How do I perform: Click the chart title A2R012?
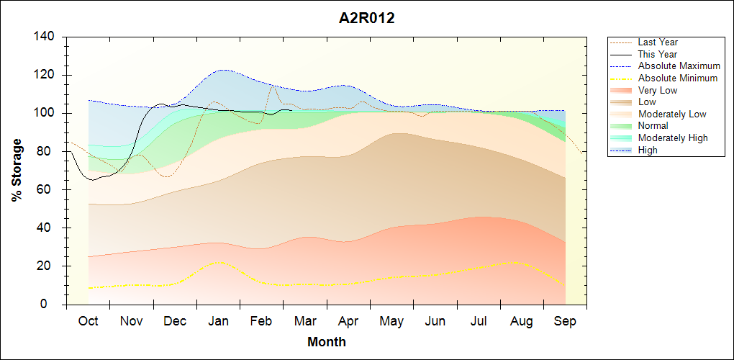click(367, 18)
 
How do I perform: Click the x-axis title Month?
click(326, 342)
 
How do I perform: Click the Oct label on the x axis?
click(89, 321)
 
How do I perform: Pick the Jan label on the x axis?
click(218, 321)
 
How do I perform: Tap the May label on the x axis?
click(391, 321)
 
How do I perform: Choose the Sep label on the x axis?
click(565, 321)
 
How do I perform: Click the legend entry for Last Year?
click(657, 42)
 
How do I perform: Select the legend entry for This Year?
click(657, 54)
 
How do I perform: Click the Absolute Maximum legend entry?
click(679, 66)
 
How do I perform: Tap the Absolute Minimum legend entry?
click(677, 78)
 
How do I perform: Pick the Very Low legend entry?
click(657, 90)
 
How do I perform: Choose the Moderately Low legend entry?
click(671, 114)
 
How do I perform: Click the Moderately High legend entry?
click(672, 138)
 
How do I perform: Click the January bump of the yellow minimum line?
click(219, 262)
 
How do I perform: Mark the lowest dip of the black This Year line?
click(92, 180)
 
